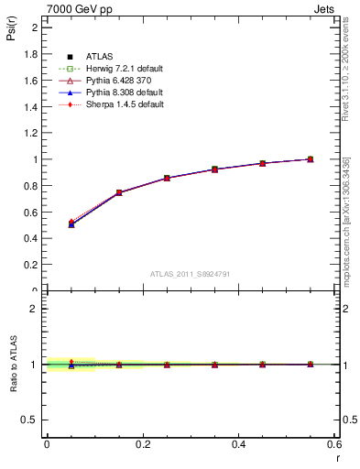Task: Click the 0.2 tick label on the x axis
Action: (142, 444)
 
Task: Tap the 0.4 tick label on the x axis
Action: (238, 444)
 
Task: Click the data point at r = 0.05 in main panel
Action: (71, 224)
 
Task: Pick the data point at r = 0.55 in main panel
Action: (311, 159)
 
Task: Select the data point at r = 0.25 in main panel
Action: (167, 178)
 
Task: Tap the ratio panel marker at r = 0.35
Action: (214, 365)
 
